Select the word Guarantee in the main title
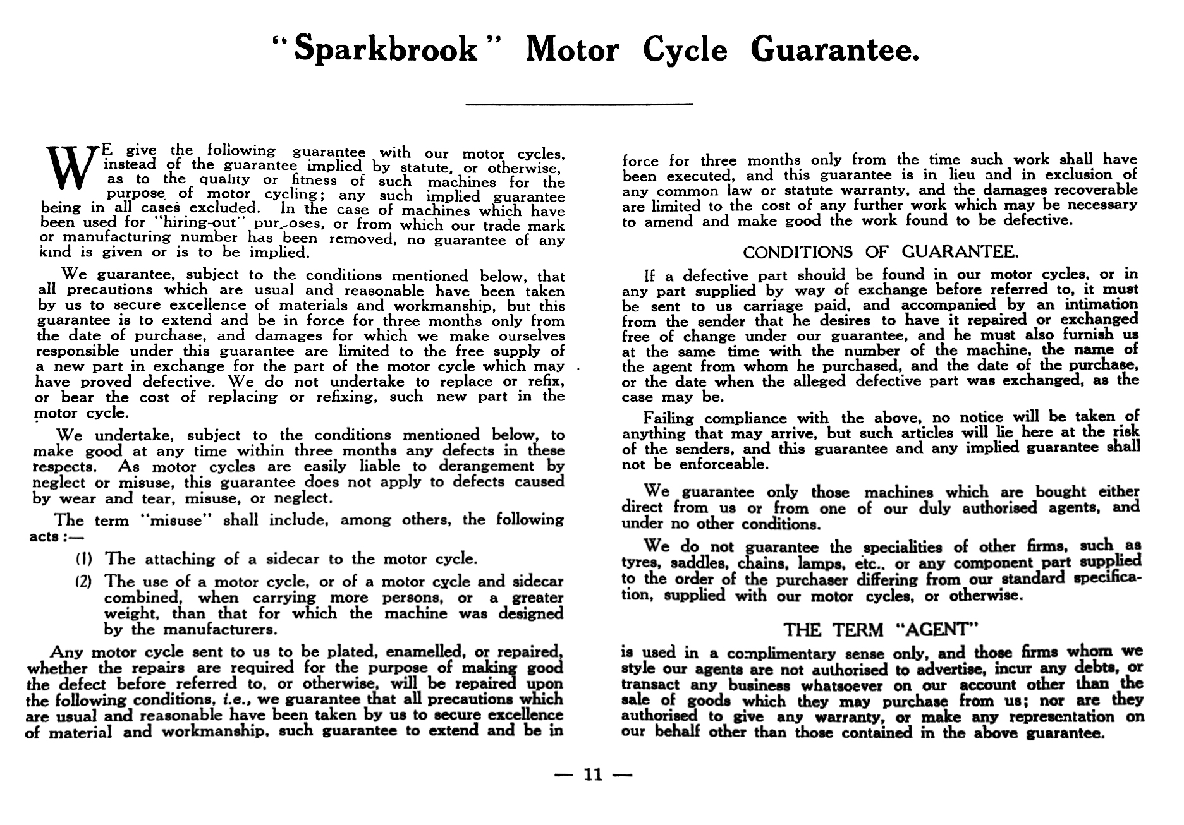coord(834,51)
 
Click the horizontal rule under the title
coord(578,104)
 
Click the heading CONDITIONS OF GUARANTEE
coord(881,253)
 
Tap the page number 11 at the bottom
coord(593,774)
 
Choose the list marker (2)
coord(85,581)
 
